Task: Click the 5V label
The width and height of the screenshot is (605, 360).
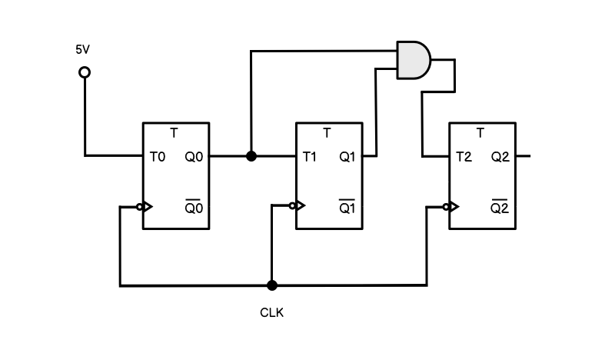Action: click(x=82, y=49)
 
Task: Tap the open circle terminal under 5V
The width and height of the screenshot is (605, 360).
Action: click(x=85, y=72)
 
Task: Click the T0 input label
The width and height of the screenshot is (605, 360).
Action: click(x=158, y=157)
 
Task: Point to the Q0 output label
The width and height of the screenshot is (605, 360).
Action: click(x=194, y=157)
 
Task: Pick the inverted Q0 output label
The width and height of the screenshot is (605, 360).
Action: click(x=194, y=208)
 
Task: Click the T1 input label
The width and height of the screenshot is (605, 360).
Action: click(x=310, y=157)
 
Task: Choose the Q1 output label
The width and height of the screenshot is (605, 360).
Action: click(x=347, y=157)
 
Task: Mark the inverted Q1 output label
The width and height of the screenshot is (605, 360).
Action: click(x=347, y=208)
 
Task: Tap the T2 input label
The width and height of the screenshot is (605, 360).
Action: click(x=464, y=157)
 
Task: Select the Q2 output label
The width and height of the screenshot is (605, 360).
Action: click(x=500, y=157)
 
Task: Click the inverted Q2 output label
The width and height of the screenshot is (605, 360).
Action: click(x=500, y=208)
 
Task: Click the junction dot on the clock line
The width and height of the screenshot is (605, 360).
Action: click(x=271, y=285)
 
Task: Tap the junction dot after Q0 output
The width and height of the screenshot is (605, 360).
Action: click(x=251, y=156)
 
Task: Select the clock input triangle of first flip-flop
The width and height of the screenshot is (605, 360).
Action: click(x=147, y=206)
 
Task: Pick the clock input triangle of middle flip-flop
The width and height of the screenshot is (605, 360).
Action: click(x=300, y=205)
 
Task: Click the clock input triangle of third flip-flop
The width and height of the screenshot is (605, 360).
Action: click(x=454, y=206)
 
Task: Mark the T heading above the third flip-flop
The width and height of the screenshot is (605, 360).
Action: click(x=480, y=133)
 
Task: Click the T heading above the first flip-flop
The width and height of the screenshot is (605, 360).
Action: click(x=174, y=133)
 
